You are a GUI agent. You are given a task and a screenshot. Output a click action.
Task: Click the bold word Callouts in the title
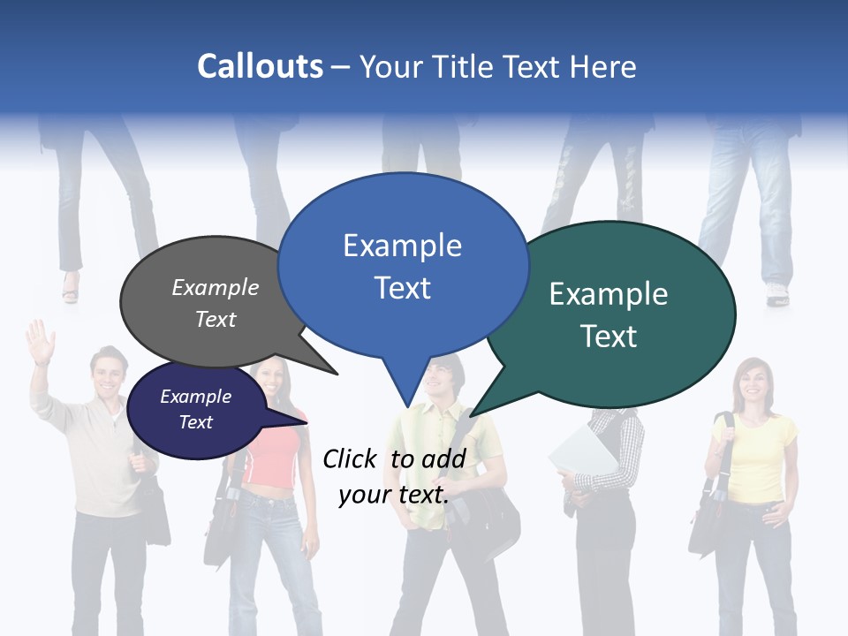pyautogui.click(x=260, y=66)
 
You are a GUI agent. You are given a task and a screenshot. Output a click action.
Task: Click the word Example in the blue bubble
pyautogui.click(x=402, y=246)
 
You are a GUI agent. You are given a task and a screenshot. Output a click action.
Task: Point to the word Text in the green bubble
pyautogui.click(x=609, y=337)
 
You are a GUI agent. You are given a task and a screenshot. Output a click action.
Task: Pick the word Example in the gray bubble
pyautogui.click(x=216, y=288)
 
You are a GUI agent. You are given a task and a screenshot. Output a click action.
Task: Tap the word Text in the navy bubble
pyautogui.click(x=196, y=422)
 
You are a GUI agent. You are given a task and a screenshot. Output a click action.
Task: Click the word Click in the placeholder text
pyautogui.click(x=349, y=458)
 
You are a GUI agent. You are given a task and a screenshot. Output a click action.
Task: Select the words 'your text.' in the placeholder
pyautogui.click(x=394, y=495)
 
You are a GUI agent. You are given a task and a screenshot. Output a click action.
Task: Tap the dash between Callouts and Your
pyautogui.click(x=342, y=67)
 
